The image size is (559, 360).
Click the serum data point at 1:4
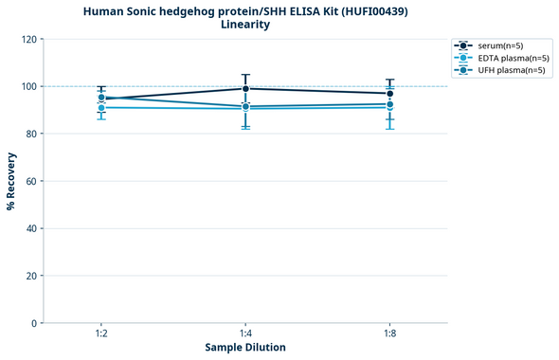245,89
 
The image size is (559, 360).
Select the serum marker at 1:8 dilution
389,94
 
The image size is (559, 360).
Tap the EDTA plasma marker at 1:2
101,108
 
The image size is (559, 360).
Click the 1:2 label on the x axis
101,334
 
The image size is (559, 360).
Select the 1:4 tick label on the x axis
245,334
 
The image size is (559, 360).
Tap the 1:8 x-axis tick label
389,334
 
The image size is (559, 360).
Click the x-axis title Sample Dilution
245,348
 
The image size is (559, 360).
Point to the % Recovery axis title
11,180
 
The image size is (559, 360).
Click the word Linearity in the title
245,25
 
